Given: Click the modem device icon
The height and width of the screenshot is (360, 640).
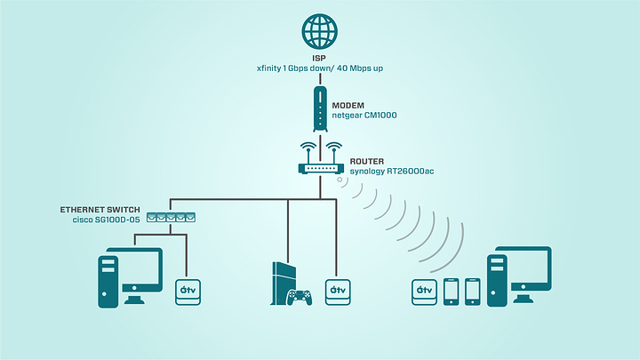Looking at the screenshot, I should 320,107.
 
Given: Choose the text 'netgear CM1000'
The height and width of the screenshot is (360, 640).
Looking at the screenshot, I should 364,116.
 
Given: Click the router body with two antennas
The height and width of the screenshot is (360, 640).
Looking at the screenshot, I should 320,166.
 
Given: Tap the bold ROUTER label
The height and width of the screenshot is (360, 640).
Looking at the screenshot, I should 366,162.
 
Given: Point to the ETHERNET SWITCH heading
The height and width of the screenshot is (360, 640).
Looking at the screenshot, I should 100,209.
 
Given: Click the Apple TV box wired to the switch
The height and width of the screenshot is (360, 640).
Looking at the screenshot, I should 188,292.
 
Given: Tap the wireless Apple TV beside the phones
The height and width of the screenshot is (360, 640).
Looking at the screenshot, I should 423,292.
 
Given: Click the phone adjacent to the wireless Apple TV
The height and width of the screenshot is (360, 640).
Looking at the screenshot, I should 450,292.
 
